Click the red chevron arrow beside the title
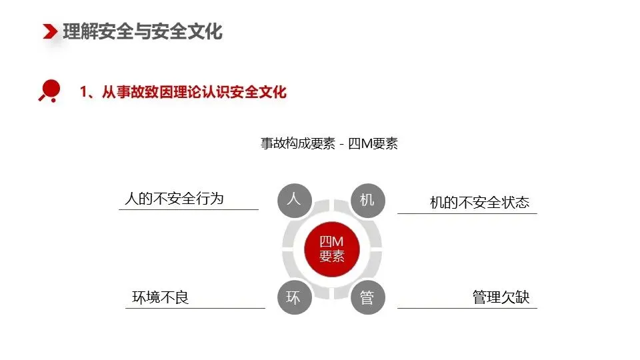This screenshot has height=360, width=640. coord(50,31)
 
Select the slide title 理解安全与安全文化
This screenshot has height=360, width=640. coord(143,32)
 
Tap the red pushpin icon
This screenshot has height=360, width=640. coord(50,90)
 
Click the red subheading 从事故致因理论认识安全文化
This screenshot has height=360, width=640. coord(194,92)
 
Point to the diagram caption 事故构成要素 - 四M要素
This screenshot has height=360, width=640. coord(329,143)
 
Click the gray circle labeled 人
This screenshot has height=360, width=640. coord(294,200)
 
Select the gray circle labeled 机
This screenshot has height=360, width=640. coord(367,200)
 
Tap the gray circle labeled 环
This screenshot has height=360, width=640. coord(294,297)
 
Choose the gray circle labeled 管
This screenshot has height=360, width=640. coord(367,297)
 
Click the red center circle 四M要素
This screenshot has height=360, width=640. coord(331,249)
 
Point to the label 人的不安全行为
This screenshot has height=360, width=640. coord(174,199)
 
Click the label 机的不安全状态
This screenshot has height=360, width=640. coord(479,203)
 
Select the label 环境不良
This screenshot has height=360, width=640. coord(161,297)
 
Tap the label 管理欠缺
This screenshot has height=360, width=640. coord(501,297)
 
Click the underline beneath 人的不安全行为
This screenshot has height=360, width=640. coord(189,209)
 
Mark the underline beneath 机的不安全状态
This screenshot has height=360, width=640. coord(467,213)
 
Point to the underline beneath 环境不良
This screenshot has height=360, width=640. coord(195,308)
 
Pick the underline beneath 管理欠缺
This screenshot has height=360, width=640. coord(467,308)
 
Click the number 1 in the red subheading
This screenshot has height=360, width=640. coord(84,92)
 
